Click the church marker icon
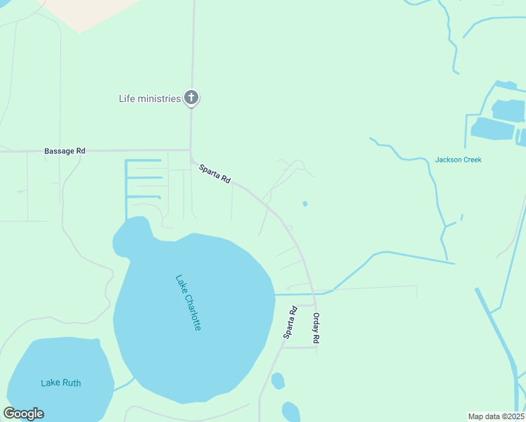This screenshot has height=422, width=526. pyautogui.click(x=191, y=98)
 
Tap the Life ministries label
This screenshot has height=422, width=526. pyautogui.click(x=150, y=98)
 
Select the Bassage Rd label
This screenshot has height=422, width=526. pyautogui.click(x=64, y=151)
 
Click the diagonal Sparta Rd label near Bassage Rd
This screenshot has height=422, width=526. pyautogui.click(x=214, y=174)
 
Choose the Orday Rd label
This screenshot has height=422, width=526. pyautogui.click(x=316, y=328)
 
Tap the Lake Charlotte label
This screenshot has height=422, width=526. pyautogui.click(x=188, y=302)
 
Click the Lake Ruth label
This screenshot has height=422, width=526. pyautogui.click(x=60, y=383)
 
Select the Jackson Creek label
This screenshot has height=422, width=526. pyautogui.click(x=458, y=160)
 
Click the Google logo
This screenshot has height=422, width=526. pyautogui.click(x=23, y=414)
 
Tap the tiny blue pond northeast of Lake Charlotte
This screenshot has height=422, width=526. pyautogui.click(x=304, y=204)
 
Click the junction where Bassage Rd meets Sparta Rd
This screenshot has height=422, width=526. pyautogui.click(x=191, y=151)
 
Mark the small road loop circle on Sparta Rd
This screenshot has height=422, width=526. pyautogui.click(x=290, y=227)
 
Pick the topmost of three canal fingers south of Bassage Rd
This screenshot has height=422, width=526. pyautogui.click(x=144, y=161)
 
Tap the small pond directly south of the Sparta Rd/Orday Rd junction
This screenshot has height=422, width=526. pyautogui.click(x=278, y=381)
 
